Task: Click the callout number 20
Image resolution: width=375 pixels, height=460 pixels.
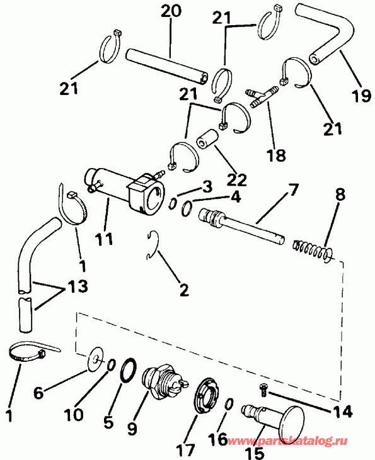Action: pos(171,11)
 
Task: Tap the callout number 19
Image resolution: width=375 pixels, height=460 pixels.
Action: pos(361,95)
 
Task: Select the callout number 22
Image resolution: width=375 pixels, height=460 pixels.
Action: pos(237,179)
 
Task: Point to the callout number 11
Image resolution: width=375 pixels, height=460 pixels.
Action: pos(105,238)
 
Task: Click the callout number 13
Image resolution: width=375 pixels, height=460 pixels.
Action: pos(78,286)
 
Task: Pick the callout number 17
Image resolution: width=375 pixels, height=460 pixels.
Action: pos(186,449)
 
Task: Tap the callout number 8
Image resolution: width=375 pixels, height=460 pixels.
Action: pos(340,194)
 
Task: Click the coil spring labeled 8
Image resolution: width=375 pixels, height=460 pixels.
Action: pos(313,250)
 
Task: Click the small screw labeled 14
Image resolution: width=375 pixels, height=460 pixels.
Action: pos(263,390)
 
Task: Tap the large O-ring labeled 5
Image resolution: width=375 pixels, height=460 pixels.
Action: pos(129,370)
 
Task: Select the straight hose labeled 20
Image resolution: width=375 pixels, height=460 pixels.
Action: pos(167,66)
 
